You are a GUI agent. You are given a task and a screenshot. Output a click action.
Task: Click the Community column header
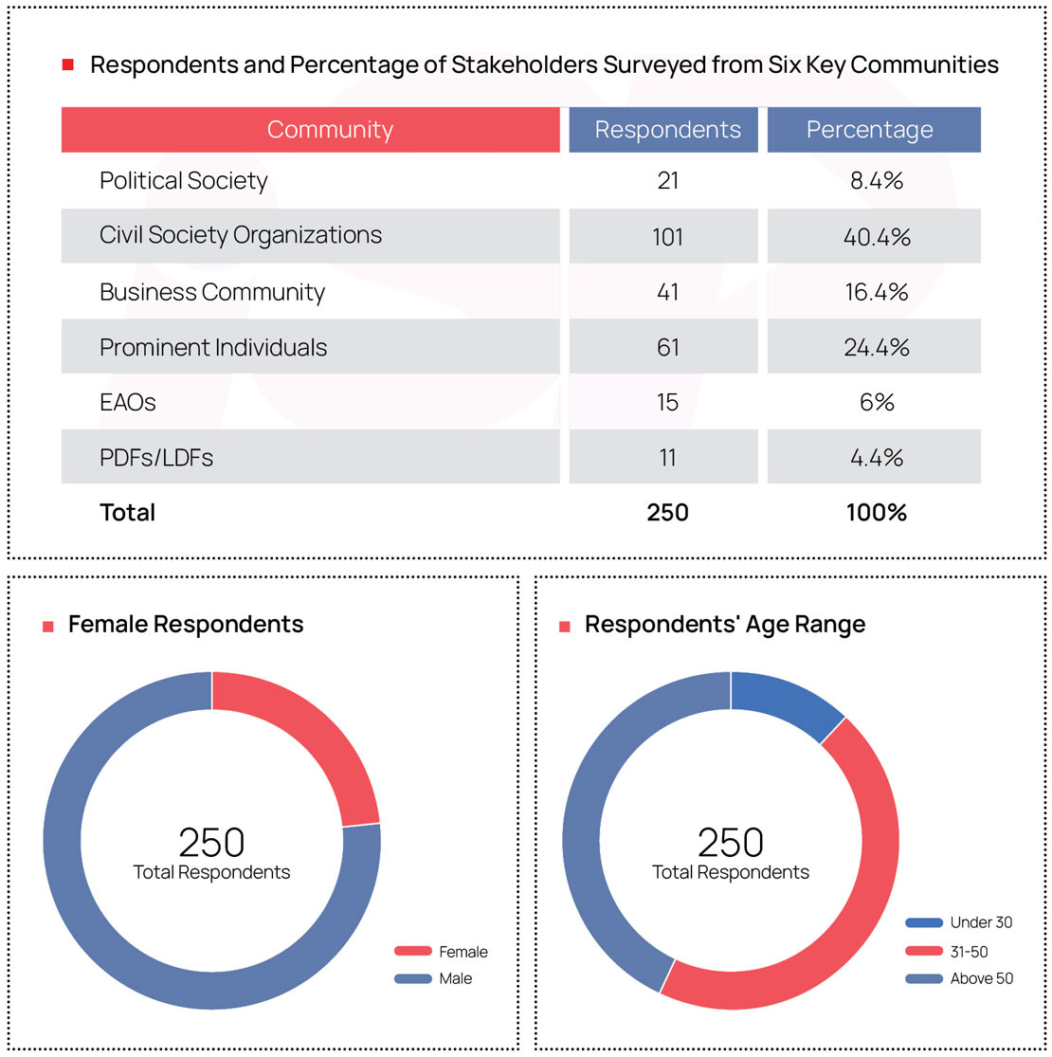(x=330, y=130)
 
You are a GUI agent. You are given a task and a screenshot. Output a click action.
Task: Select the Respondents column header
(x=667, y=130)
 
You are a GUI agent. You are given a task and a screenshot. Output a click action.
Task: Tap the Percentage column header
(x=869, y=130)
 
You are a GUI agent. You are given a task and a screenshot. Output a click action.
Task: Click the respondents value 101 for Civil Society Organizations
(x=667, y=236)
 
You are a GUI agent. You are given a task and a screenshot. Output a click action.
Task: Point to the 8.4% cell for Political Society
(x=876, y=181)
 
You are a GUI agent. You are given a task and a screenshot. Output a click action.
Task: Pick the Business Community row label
(x=212, y=292)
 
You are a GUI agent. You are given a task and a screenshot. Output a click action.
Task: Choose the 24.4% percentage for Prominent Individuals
(x=876, y=347)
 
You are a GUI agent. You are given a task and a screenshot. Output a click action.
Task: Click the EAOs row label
(x=128, y=402)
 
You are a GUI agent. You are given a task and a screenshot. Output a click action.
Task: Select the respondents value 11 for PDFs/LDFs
(x=667, y=458)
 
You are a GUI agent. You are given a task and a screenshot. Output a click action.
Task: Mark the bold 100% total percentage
(x=876, y=513)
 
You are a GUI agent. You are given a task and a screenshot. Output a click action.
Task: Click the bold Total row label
(x=128, y=513)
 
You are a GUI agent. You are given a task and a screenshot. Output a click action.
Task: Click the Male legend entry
(x=455, y=978)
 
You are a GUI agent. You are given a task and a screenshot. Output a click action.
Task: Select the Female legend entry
(x=463, y=952)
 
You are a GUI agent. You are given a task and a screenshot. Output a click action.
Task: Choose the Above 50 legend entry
(x=981, y=978)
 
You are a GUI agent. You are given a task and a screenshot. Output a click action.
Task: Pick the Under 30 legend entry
(x=981, y=922)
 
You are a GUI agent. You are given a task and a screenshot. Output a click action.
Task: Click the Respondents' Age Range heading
(x=725, y=625)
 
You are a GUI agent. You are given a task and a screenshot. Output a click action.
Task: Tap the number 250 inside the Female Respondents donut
(x=211, y=842)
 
